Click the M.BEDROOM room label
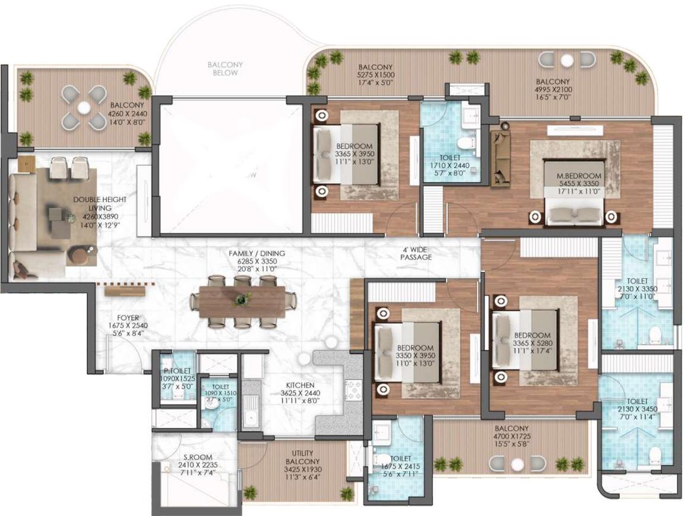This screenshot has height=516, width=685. point(575,176)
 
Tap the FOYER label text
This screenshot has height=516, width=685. point(128,317)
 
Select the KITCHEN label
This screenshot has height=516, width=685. point(299,385)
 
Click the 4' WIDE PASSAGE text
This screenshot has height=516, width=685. point(416,254)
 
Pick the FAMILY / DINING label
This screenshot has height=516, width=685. point(257,253)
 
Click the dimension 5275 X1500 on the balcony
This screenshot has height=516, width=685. point(376,76)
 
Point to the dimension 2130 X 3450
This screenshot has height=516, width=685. point(637,409)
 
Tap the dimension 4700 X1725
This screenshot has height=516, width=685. point(511,437)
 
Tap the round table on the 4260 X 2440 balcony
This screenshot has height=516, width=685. point(84,107)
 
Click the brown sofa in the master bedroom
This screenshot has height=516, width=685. point(500,157)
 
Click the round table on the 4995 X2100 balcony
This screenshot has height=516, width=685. point(567,60)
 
